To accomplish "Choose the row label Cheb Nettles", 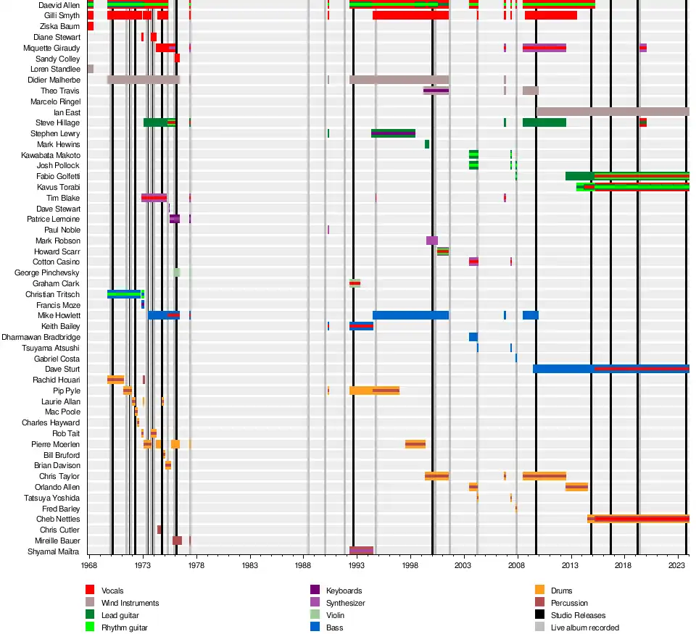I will [58, 520].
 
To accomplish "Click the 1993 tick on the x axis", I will [357, 563].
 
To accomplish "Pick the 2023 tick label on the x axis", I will [677, 563].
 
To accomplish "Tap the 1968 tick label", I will [89, 563].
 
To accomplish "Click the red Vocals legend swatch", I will [91, 591].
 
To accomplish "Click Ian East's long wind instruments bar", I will [613, 112].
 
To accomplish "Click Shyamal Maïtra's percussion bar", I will [361, 551].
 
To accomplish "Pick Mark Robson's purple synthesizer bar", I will [432, 241].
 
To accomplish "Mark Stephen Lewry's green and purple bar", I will [393, 133].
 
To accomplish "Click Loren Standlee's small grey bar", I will [91, 69].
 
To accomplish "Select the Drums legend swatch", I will [539, 591].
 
